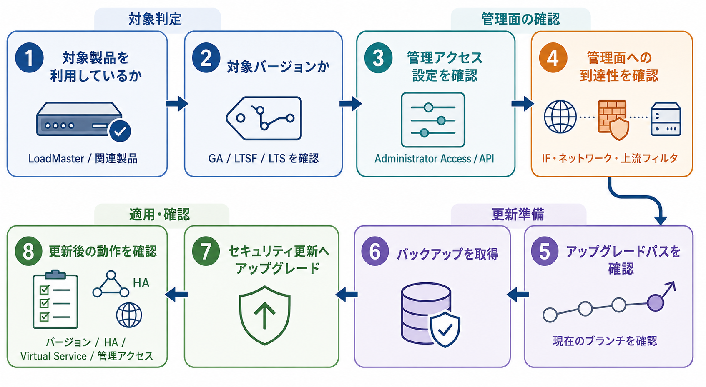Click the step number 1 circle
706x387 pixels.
click(29, 57)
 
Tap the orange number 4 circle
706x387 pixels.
click(553, 58)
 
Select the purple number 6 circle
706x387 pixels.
click(375, 251)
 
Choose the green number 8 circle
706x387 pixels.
click(29, 251)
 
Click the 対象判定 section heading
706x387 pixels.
click(155, 19)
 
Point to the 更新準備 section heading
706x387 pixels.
click(518, 215)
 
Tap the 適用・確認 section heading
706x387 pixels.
click(159, 215)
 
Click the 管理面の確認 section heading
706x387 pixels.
click(521, 19)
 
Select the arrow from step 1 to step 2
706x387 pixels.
click(177, 104)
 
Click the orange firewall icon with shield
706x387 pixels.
click(613, 120)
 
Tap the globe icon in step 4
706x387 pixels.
click(560, 117)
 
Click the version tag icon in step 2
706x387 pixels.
click(264, 118)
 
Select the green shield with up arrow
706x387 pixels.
click(264, 315)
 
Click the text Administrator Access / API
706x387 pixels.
click(434, 159)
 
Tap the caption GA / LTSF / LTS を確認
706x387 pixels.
click(264, 158)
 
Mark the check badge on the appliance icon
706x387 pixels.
click(120, 131)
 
